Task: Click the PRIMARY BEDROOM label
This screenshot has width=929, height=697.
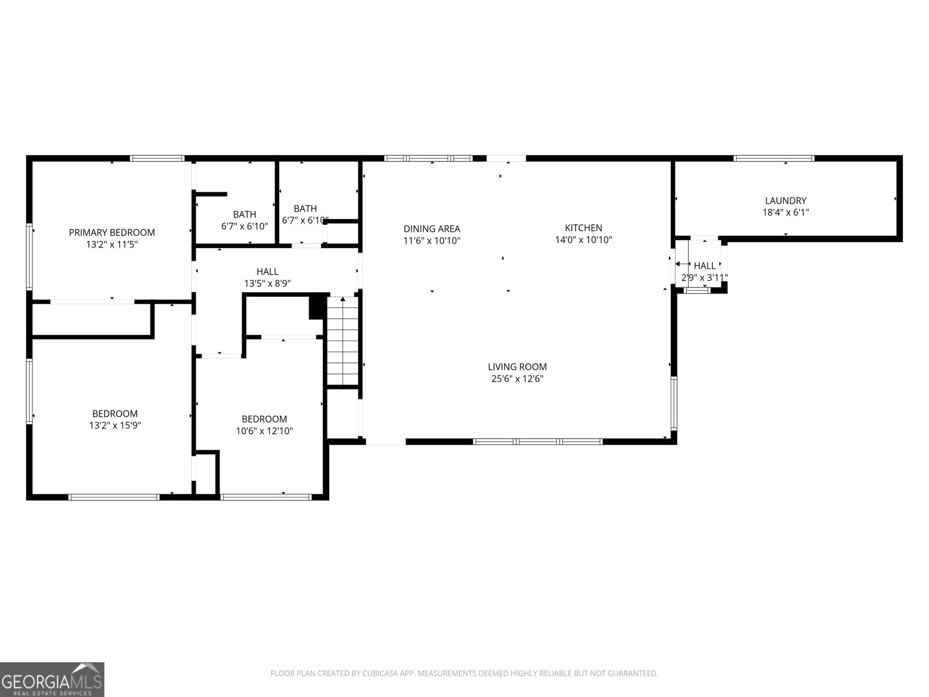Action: [111, 232]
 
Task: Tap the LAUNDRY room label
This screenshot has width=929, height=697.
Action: [785, 200]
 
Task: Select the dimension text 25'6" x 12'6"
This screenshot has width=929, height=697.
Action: [517, 379]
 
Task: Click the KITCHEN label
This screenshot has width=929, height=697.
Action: [584, 228]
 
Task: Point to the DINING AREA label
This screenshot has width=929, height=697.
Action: [431, 229]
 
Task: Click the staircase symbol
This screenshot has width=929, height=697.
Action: [343, 341]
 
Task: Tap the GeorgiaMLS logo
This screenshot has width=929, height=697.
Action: [52, 679]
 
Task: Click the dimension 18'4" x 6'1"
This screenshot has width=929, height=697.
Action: [785, 213]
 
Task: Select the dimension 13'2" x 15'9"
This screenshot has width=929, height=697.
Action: [114, 425]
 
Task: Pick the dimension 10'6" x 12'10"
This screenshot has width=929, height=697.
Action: [264, 431]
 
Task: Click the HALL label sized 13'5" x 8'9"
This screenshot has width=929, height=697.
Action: [267, 271]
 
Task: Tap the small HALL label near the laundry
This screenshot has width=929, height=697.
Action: [704, 266]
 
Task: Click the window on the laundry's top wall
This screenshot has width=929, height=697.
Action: [773, 158]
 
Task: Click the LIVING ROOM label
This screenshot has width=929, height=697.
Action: [517, 367]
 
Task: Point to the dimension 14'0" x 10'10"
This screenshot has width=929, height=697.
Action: [584, 239]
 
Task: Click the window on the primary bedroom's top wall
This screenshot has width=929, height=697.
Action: [157, 158]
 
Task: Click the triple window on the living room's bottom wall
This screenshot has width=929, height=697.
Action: [538, 441]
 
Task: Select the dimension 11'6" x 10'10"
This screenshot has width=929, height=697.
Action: [431, 240]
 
